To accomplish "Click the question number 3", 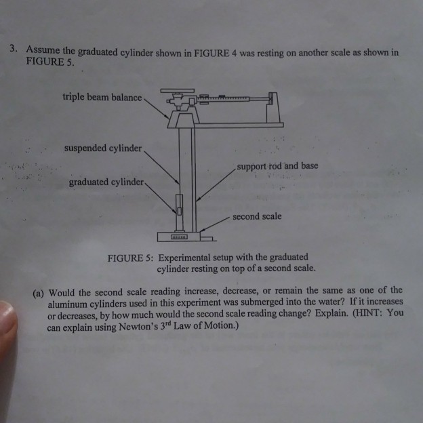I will [x=13, y=49].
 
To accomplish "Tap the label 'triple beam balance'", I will [x=102, y=98].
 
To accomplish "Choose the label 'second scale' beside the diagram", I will [x=257, y=217].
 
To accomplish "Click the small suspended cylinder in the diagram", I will [x=178, y=203].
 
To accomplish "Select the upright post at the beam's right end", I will [x=274, y=108].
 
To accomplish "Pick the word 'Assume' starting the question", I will [x=42, y=50].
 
